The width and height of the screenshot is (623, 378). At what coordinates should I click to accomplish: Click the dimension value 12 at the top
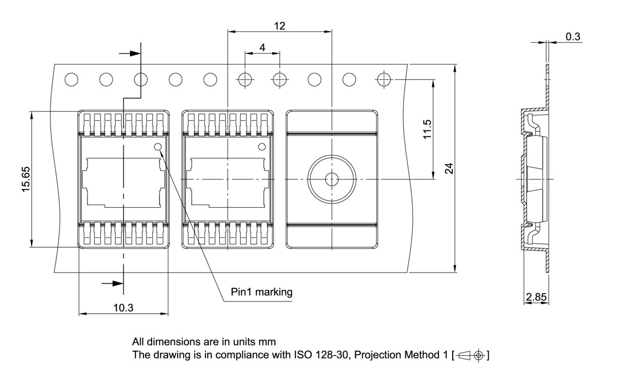pos(279,26)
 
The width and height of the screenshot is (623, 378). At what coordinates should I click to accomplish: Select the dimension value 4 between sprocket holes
pos(262,48)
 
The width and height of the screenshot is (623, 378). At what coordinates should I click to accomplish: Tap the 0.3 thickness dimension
pos(573,37)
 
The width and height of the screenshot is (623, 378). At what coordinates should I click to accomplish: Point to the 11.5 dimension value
pos(427,129)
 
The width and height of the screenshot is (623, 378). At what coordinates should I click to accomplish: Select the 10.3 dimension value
pos(124,307)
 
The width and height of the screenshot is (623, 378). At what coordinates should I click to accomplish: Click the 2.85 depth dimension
pos(536,297)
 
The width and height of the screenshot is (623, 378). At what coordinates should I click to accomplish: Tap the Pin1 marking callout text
pos(261,292)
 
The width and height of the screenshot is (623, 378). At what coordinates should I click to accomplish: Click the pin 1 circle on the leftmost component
pos(158,147)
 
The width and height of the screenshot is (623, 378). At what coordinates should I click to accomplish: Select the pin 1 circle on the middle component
pos(262,147)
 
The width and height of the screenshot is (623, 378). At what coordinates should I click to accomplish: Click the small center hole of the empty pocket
pos(331,179)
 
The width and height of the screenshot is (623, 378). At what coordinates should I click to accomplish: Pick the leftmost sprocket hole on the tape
pos(72,79)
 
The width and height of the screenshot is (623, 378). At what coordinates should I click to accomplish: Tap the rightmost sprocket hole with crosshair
pos(384,79)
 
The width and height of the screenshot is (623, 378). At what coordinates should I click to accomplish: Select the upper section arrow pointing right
pos(130,54)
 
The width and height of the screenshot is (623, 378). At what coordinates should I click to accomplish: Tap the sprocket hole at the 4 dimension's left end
pos(245,79)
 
